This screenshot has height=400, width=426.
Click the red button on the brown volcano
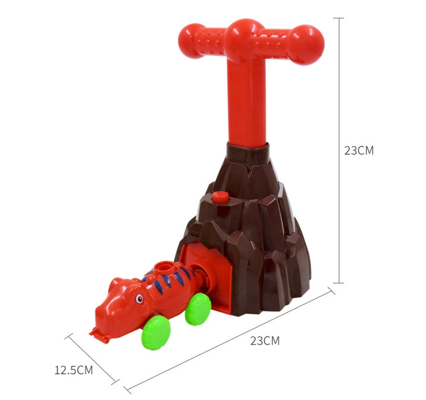[220, 197]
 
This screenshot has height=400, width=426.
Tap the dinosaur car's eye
[139, 299]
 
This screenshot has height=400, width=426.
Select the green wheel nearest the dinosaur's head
[156, 332]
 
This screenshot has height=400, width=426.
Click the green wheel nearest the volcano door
[198, 309]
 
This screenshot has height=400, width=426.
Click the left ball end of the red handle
[191, 41]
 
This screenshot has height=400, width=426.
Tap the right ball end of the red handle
[306, 45]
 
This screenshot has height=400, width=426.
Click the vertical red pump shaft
[247, 104]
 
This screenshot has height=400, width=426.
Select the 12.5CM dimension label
[74, 370]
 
